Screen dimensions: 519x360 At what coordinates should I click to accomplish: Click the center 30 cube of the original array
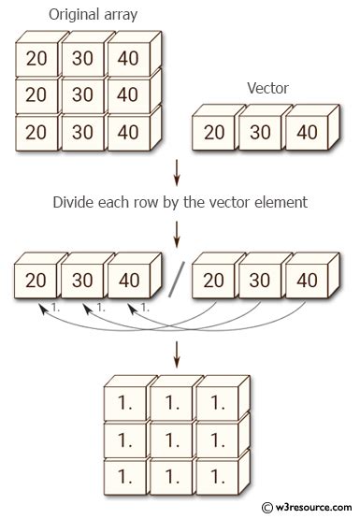(80, 94)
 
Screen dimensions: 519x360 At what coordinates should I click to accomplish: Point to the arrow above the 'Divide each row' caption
(176, 174)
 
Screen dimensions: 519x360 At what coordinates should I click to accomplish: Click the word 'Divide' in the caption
(75, 202)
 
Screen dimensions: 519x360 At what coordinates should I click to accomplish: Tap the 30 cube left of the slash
(80, 280)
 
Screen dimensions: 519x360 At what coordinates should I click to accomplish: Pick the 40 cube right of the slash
(305, 280)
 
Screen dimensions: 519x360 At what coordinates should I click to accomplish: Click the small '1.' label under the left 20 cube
(55, 306)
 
